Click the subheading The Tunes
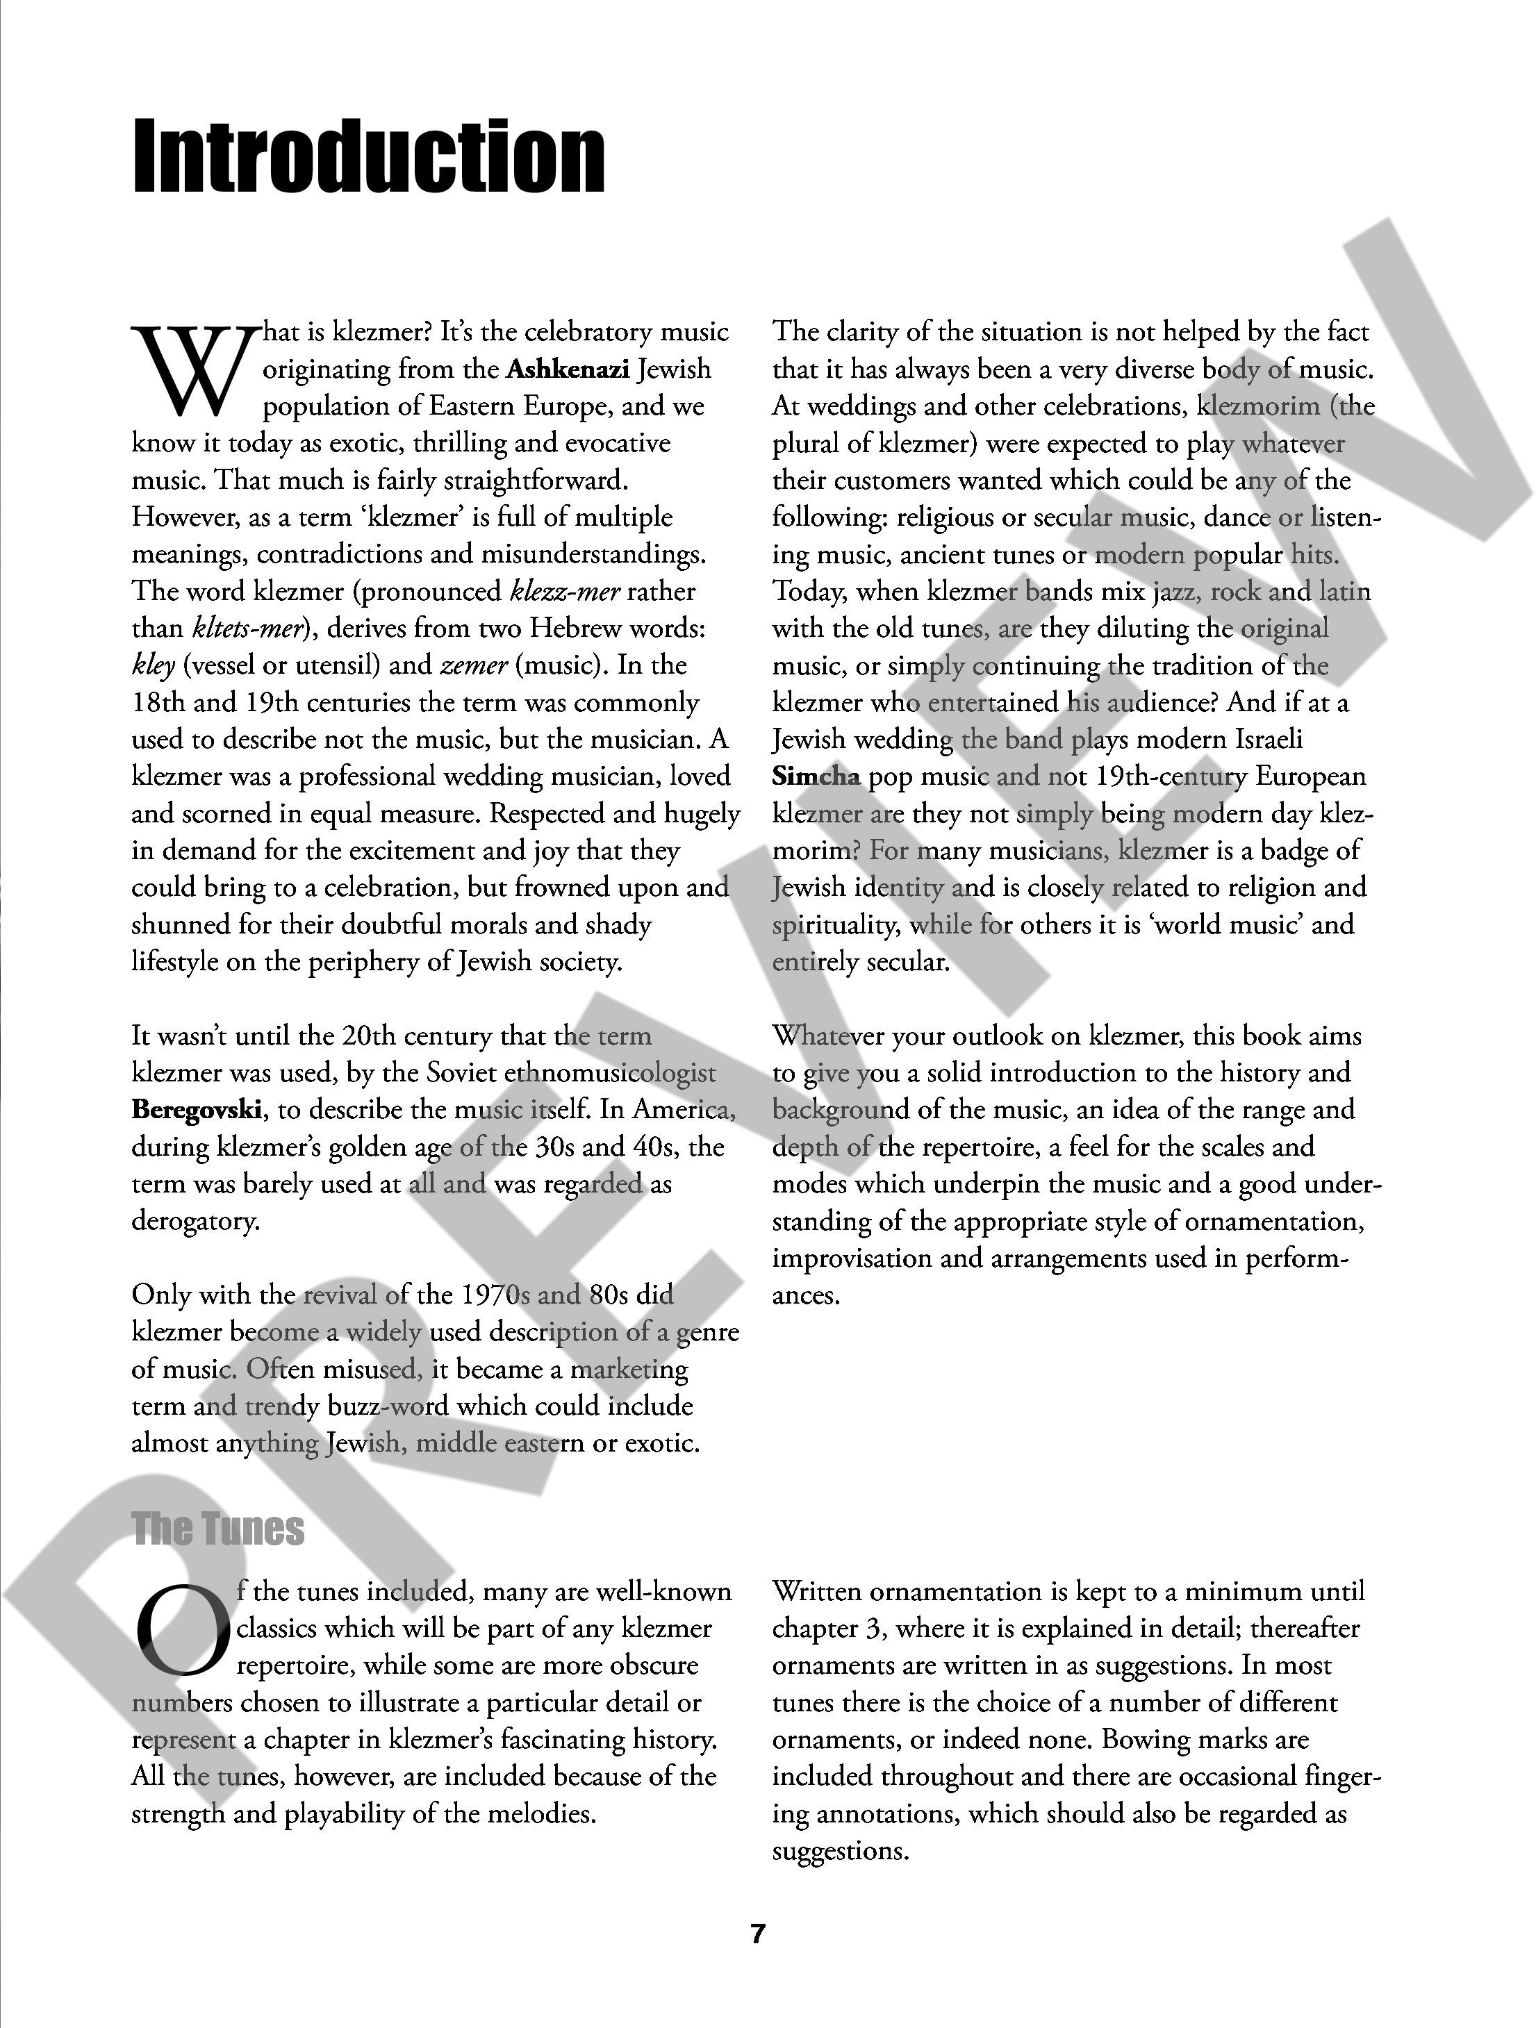tap(217, 1529)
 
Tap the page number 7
tap(757, 1934)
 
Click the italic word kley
tap(153, 665)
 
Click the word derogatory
tap(195, 1221)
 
